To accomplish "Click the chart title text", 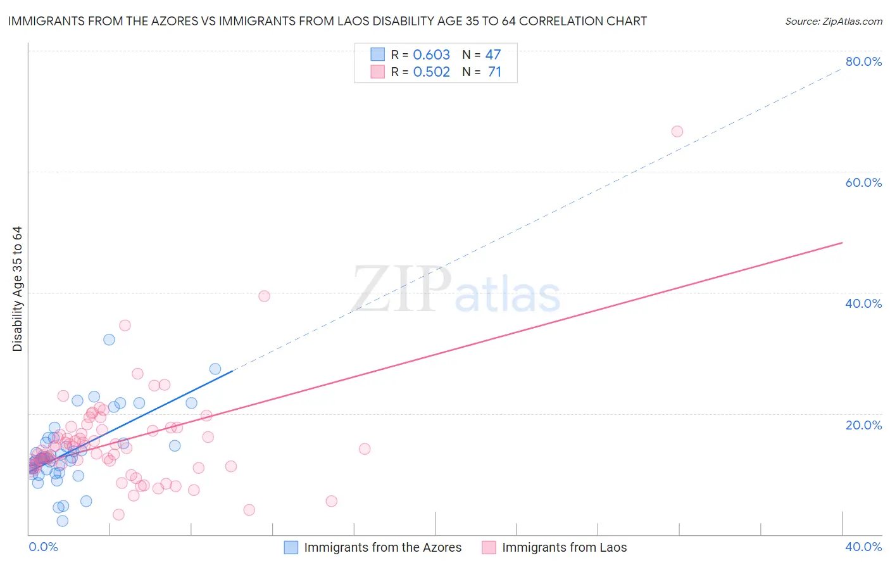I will [327, 21].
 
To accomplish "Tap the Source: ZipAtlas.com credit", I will [833, 22].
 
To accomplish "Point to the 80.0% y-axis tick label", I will [863, 61].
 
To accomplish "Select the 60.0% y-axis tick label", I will [863, 182].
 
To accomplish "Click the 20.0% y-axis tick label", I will [863, 424].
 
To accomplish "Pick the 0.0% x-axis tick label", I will [43, 547].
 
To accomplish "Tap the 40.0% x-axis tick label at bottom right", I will [863, 547].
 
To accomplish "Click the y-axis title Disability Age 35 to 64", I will [17, 289].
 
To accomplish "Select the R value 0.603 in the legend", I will [431, 55].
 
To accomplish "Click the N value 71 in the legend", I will [494, 72].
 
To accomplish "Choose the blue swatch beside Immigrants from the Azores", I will [291, 547].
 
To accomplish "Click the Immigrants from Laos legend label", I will [564, 547].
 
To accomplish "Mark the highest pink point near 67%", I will [677, 132].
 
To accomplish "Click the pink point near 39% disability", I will [264, 296].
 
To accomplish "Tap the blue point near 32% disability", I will [109, 340].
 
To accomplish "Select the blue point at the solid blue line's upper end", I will [215, 369].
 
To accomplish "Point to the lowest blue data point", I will [62, 521].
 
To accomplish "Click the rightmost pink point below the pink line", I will [365, 449].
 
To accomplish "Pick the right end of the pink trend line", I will [842, 243].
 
